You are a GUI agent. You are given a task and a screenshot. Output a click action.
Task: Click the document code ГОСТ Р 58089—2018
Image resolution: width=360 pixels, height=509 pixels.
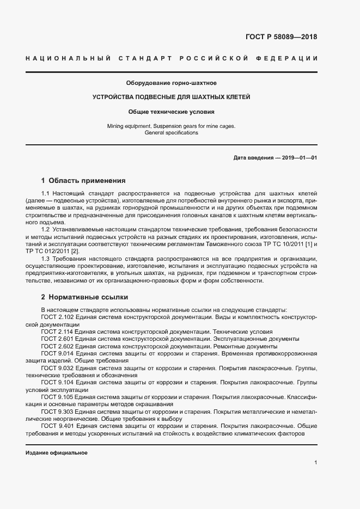281,38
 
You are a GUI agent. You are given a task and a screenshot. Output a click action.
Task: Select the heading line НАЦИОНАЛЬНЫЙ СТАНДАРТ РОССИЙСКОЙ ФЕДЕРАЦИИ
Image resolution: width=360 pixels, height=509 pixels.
171,58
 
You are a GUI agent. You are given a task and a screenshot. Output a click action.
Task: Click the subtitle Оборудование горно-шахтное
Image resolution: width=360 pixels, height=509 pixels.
171,83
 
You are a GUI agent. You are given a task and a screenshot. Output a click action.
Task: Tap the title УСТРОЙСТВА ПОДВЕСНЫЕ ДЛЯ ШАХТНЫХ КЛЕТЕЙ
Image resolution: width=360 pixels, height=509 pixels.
171,97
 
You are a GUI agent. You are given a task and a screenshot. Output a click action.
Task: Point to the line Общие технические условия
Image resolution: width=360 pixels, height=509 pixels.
171,112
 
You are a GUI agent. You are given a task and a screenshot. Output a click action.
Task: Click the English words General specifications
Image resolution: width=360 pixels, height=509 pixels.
171,133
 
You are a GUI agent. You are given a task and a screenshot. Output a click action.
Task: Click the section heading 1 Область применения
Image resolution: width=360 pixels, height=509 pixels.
83,180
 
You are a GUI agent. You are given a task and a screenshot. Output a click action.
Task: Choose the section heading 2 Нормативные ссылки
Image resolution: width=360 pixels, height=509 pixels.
84,297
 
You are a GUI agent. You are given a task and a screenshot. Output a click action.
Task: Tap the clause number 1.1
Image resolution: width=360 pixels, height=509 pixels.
46,194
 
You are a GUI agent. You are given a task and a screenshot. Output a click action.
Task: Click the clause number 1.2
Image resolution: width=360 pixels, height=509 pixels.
46,229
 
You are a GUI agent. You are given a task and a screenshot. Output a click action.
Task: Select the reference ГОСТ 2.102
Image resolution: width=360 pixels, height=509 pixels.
57,316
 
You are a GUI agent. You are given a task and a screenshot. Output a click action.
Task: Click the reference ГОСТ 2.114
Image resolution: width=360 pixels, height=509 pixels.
57,331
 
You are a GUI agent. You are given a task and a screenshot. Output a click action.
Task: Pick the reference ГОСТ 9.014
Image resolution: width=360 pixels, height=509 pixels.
57,353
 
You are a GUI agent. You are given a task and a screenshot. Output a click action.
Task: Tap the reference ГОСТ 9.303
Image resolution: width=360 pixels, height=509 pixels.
57,412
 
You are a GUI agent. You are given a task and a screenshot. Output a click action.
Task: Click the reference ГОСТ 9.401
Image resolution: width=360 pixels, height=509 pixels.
57,426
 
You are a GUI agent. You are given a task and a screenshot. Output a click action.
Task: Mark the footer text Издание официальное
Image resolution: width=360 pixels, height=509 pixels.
57,453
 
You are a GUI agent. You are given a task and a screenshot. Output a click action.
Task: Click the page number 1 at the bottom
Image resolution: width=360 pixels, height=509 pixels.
315,463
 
